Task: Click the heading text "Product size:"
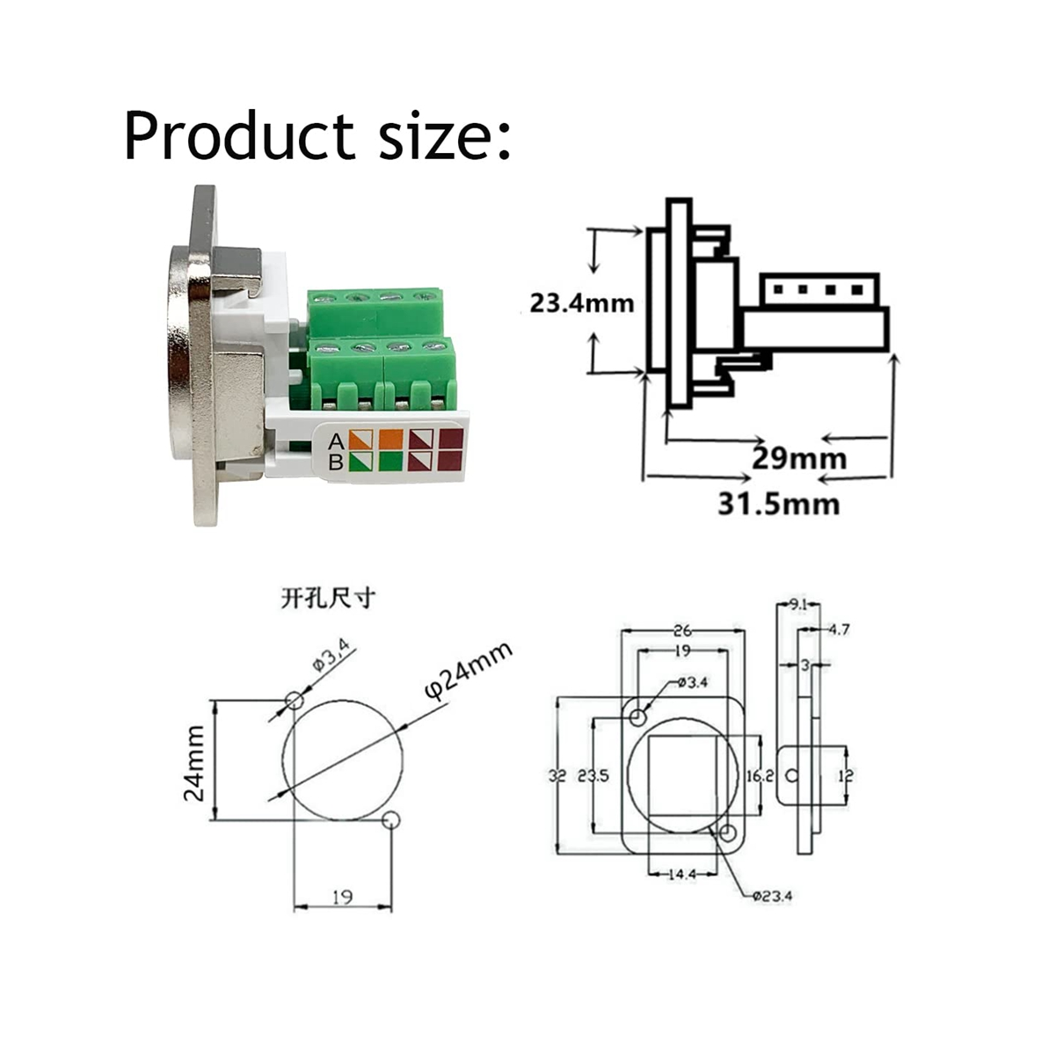point(316,136)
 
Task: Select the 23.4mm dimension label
point(581,303)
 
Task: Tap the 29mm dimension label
point(799,458)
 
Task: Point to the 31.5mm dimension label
point(778,504)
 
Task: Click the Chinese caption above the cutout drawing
point(328,599)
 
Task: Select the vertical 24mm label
point(194,762)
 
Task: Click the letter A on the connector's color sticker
point(335,440)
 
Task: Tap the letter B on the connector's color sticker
point(335,462)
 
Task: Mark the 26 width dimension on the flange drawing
point(682,630)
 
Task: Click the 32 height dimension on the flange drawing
point(557,775)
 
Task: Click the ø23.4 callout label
point(773,896)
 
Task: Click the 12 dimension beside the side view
point(846,775)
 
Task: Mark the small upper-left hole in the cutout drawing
point(294,701)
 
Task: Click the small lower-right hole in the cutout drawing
point(392,820)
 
